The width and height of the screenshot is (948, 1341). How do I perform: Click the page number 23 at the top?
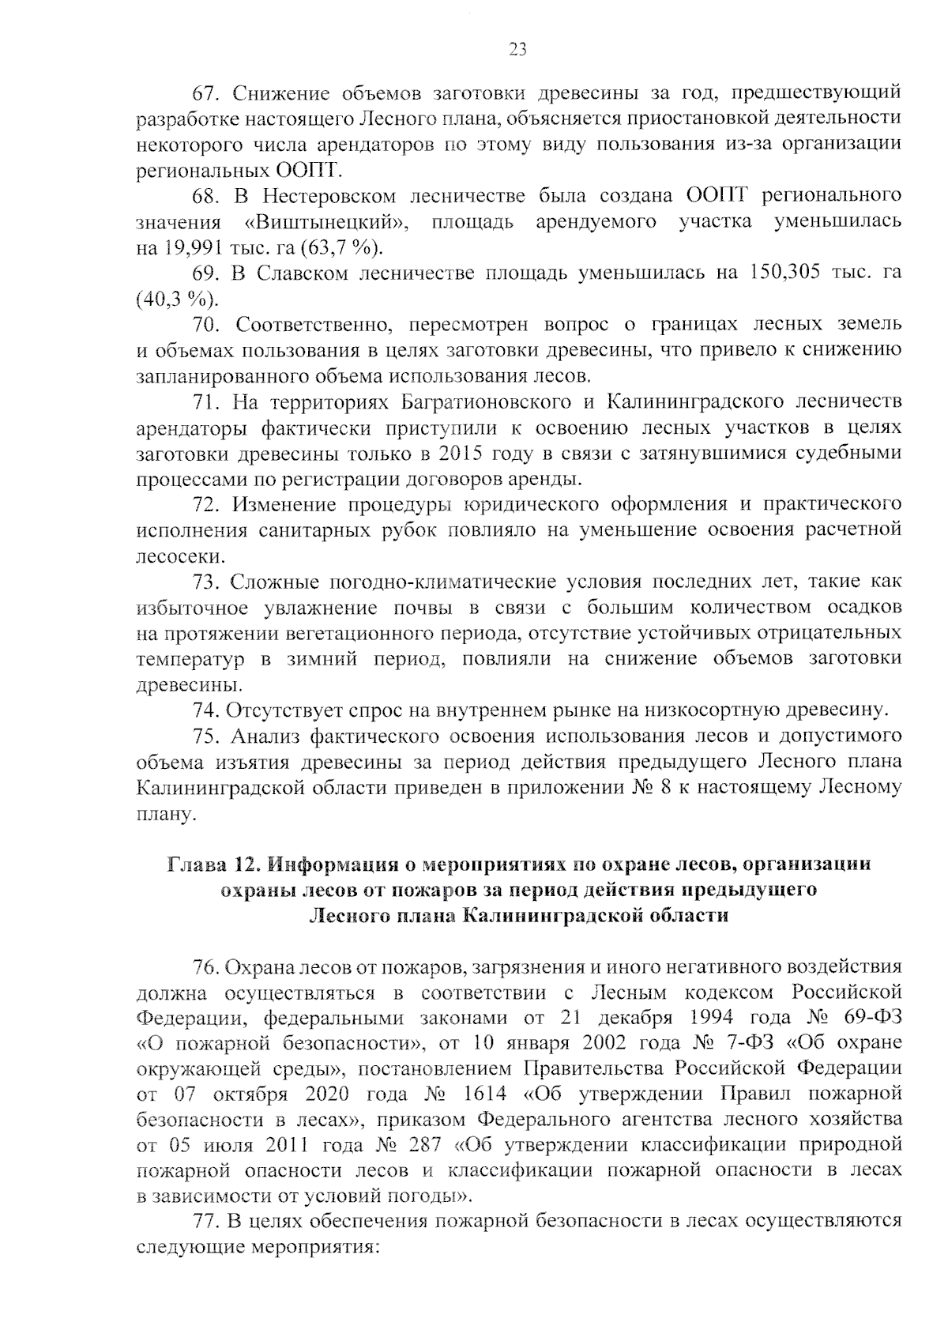(517, 51)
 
